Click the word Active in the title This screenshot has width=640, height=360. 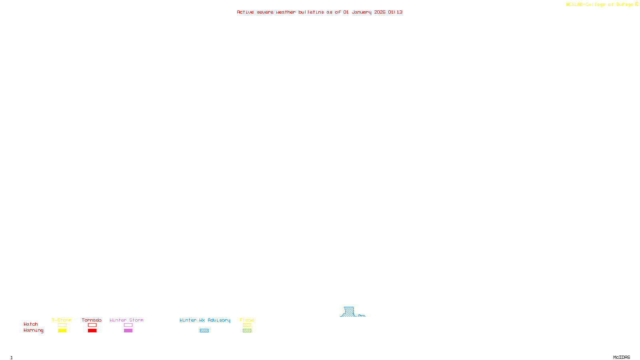(245, 12)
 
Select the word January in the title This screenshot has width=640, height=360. (362, 12)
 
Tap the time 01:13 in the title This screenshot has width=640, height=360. (395, 12)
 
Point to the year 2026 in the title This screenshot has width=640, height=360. (380, 12)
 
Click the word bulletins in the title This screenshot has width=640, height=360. (311, 12)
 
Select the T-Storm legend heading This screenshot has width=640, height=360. (62, 320)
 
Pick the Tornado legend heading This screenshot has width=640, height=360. (92, 320)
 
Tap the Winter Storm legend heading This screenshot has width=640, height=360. (126, 320)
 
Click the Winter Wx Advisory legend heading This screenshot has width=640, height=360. (205, 320)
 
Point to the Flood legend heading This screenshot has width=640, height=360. (247, 320)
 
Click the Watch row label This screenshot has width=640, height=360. (31, 324)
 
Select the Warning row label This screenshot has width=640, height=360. (33, 330)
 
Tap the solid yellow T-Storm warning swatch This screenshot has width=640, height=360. (62, 331)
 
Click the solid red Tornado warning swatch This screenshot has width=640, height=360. (92, 331)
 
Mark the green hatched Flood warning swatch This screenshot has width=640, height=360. (247, 331)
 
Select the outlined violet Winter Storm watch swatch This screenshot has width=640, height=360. (128, 325)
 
